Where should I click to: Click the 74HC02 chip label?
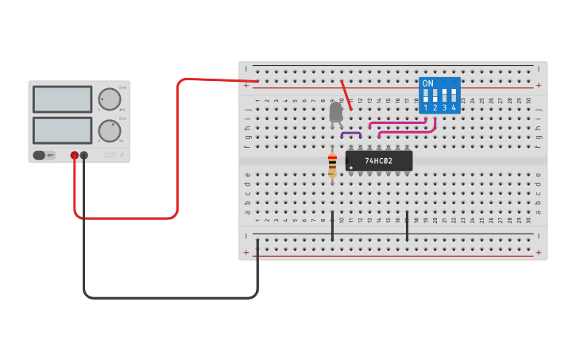tap(380, 161)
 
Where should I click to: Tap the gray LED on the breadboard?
tap(336, 112)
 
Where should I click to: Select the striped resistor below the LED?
tap(332, 165)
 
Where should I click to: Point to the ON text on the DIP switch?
tap(428, 83)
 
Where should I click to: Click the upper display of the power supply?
tap(62, 99)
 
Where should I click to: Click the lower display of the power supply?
tap(62, 130)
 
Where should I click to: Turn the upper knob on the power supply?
tap(109, 99)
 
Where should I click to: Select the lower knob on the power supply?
tap(109, 130)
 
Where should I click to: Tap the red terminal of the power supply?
tap(75, 156)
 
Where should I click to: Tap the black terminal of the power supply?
tap(84, 156)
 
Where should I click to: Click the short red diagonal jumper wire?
tap(346, 95)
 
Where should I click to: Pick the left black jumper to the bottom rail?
tap(332, 226)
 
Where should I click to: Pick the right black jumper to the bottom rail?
tap(407, 226)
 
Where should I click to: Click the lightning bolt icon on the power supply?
tap(122, 156)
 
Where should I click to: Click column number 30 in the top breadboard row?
tap(528, 101)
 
